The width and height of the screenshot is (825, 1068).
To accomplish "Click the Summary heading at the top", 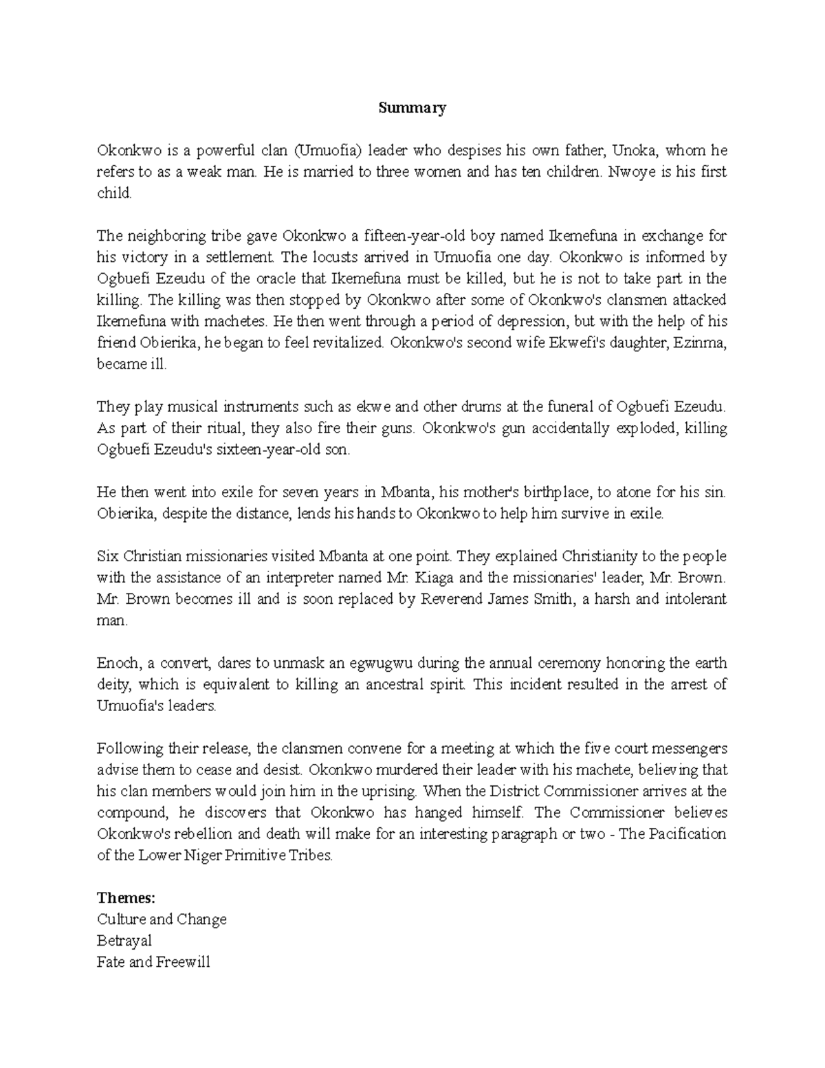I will [x=412, y=108].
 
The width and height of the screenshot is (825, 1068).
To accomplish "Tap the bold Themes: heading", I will [x=126, y=897].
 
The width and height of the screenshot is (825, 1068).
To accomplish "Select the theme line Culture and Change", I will [x=162, y=919].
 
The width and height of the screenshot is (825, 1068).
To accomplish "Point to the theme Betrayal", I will [x=124, y=941].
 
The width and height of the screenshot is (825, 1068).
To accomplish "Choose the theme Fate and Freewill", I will [x=153, y=962].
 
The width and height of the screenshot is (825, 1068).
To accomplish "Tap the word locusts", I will [x=335, y=257].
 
